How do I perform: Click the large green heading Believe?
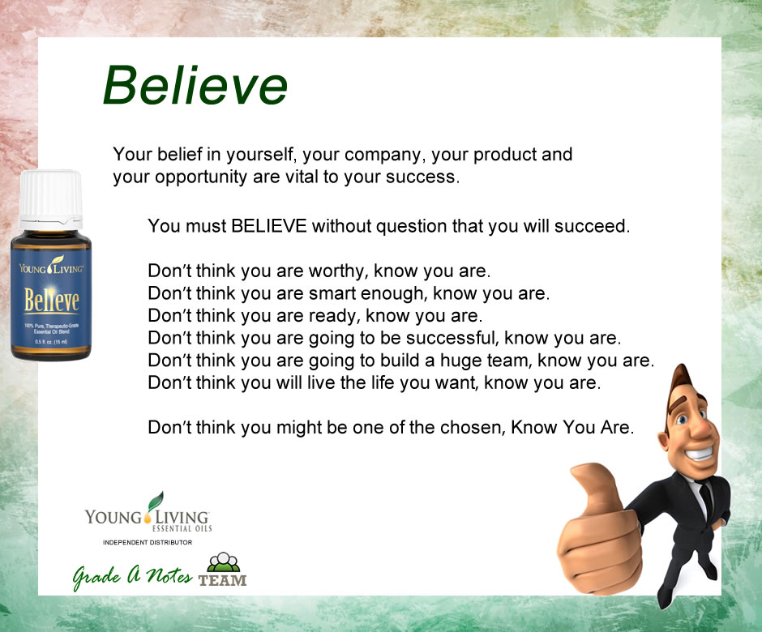pos(195,86)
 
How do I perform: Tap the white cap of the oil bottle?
pos(50,199)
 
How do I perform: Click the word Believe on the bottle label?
pos(52,300)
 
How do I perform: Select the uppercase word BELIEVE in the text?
pos(269,226)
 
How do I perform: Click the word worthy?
pos(336,271)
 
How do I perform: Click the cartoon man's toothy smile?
pos(700,455)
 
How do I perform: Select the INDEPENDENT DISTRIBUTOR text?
pos(148,542)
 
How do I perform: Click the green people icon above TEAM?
pos(224,562)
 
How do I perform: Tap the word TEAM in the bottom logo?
pos(223,580)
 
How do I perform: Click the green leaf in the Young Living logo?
pos(156,501)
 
